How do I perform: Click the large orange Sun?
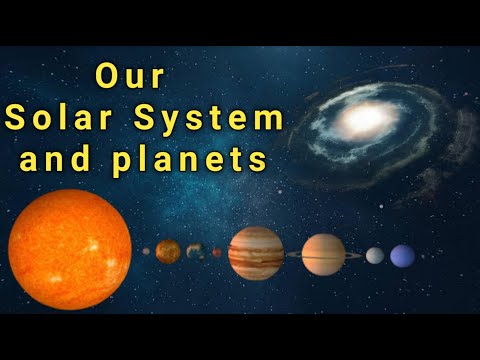coord(70,250)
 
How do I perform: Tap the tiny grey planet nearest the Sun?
coord(146,251)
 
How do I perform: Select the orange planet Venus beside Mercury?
coord(168,251)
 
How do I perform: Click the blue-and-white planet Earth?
coord(195,251)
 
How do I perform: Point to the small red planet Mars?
coord(217,252)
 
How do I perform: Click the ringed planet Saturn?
coord(323,254)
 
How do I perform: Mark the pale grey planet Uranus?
coord(374,255)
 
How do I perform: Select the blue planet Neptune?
coord(402,256)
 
